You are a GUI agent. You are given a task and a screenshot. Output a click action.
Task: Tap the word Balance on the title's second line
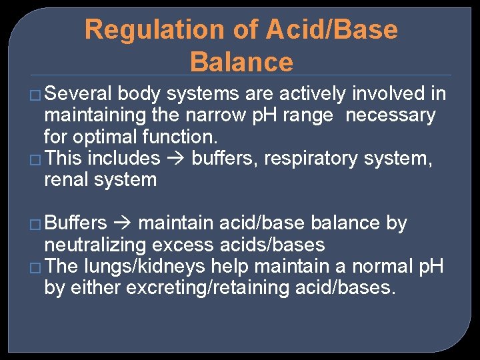[241, 62]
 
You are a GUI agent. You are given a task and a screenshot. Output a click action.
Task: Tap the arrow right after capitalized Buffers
[123, 223]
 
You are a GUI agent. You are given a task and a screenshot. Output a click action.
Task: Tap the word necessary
[390, 115]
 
